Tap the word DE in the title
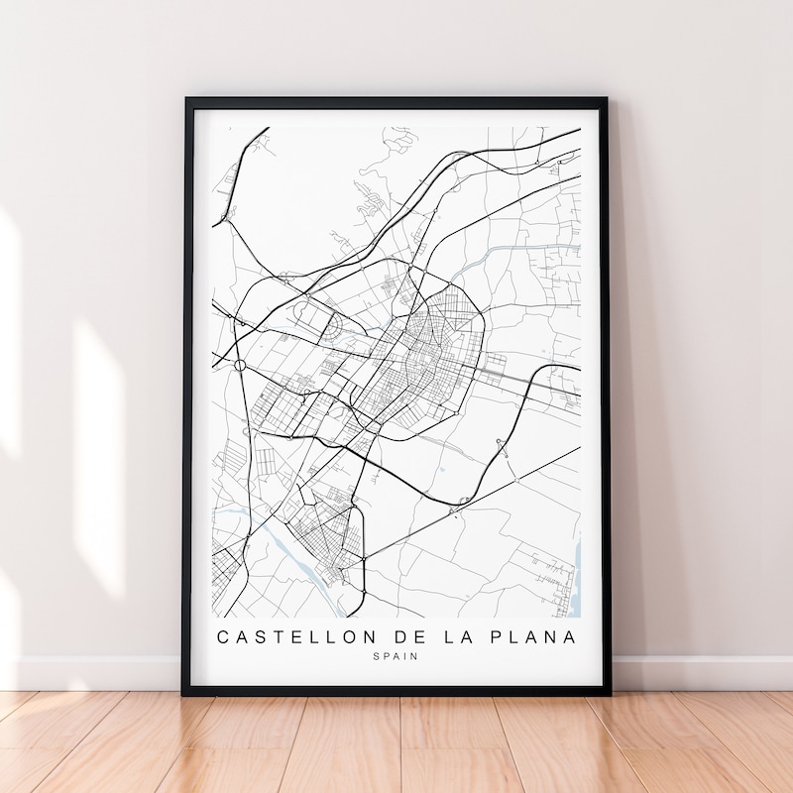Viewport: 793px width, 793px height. point(402,635)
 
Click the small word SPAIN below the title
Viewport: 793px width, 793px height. point(396,656)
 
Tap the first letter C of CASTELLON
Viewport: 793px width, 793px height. point(223,635)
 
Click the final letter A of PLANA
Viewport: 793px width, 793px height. point(569,635)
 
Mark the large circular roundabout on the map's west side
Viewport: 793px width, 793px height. point(240,365)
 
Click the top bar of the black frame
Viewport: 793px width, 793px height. point(396,102)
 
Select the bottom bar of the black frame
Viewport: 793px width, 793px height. point(396,689)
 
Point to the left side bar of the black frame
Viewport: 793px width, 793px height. point(188,396)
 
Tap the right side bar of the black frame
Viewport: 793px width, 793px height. point(605,396)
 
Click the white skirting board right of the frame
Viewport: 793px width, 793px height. point(694,671)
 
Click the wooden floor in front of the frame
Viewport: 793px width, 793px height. point(396,743)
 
